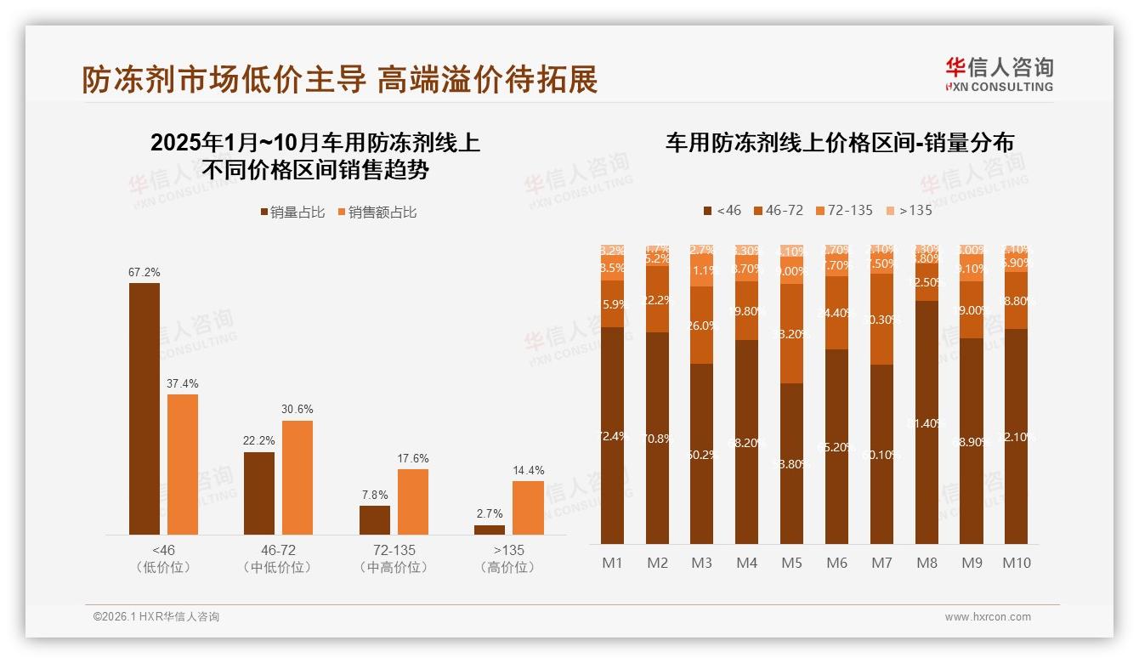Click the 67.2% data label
pyautogui.click(x=144, y=273)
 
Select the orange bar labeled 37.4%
pyautogui.click(x=183, y=464)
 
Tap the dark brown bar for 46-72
pyautogui.click(x=259, y=493)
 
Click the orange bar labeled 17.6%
pyautogui.click(x=413, y=501)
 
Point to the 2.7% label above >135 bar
pyautogui.click(x=489, y=513)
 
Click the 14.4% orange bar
pyautogui.click(x=528, y=507)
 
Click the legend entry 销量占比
pyautogui.click(x=293, y=212)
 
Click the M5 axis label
pyautogui.click(x=791, y=563)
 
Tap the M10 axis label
pyautogui.click(x=1016, y=563)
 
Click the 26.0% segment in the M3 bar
pyautogui.click(x=702, y=325)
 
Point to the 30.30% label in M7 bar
pyautogui.click(x=881, y=319)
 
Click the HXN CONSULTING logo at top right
pyautogui.click(x=999, y=74)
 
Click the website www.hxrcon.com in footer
pyautogui.click(x=988, y=617)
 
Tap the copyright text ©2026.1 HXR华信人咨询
pyautogui.click(x=156, y=617)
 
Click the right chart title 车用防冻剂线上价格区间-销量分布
pyautogui.click(x=839, y=143)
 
